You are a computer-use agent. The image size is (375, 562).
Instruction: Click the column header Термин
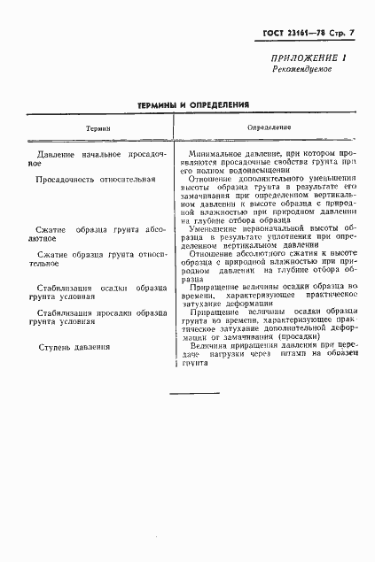point(98,128)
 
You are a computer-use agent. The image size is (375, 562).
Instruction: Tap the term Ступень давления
point(74,346)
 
